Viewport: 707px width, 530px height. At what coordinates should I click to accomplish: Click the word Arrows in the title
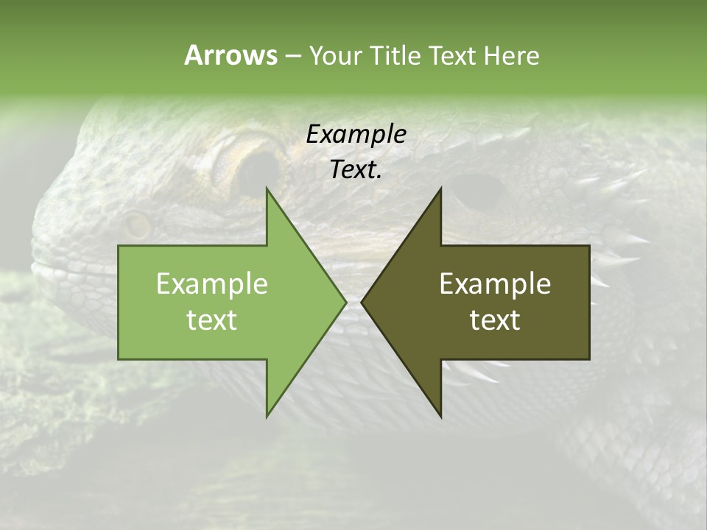pyautogui.click(x=231, y=55)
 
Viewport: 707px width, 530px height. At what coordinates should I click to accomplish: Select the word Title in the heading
pyautogui.click(x=397, y=55)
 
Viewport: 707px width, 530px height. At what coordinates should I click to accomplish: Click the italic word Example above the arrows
pyautogui.click(x=356, y=135)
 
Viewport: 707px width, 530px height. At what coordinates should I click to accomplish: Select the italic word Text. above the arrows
pyautogui.click(x=356, y=170)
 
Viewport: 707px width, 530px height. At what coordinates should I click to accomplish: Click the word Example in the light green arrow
pyautogui.click(x=212, y=284)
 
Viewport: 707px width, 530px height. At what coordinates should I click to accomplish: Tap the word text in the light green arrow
pyautogui.click(x=212, y=320)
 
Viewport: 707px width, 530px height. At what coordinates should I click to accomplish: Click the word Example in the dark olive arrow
pyautogui.click(x=495, y=284)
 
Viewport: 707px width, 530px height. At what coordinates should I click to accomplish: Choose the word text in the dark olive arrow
pyautogui.click(x=495, y=320)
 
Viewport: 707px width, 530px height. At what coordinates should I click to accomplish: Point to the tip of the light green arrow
pyautogui.click(x=345, y=302)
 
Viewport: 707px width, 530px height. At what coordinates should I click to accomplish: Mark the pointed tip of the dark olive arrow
pyautogui.click(x=362, y=302)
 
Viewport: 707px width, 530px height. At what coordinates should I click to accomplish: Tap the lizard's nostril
pyautogui.click(x=136, y=225)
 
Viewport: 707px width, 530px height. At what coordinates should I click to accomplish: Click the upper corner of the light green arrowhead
pyautogui.click(x=267, y=189)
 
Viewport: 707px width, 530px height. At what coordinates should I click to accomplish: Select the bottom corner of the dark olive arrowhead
pyautogui.click(x=440, y=416)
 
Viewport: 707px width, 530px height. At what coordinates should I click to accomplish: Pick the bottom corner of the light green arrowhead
pyautogui.click(x=267, y=416)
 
